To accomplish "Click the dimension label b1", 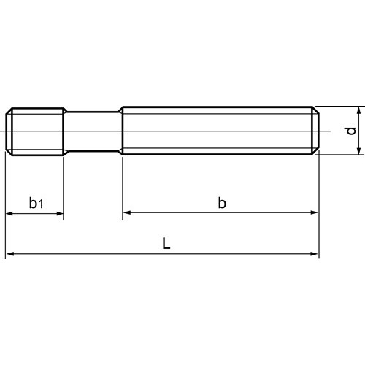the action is [x=36, y=203].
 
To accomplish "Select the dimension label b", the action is [x=222, y=203].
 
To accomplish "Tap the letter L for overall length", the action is [x=166, y=243].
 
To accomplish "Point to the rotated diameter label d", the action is [x=351, y=131].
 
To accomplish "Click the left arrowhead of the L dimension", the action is [x=9, y=254].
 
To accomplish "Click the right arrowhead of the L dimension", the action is [x=315, y=254].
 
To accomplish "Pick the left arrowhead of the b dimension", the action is [x=127, y=212].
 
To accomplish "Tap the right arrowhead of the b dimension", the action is [x=315, y=212].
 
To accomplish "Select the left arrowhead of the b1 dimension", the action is [x=9, y=214].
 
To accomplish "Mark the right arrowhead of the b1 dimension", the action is [x=60, y=214].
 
